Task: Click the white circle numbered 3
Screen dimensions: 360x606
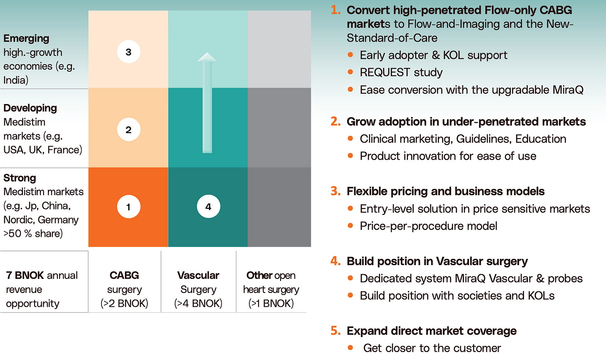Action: pos(129,52)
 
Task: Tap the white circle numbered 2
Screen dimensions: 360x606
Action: pos(129,129)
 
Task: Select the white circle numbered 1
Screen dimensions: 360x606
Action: pos(129,206)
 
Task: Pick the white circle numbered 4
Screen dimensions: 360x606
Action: pos(208,206)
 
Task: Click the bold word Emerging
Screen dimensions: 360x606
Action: pos(26,38)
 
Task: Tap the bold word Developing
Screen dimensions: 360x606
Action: pos(30,108)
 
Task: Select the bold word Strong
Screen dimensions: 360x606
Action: pos(20,178)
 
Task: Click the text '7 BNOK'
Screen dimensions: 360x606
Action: pos(25,275)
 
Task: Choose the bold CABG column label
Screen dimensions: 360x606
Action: pos(124,275)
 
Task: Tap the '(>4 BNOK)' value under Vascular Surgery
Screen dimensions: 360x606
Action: pos(198,303)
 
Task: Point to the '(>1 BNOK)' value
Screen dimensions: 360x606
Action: pos(271,303)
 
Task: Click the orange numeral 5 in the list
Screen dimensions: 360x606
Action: pos(335,330)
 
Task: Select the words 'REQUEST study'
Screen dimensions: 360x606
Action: pos(401,72)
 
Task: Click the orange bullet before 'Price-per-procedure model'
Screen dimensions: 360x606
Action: pos(350,226)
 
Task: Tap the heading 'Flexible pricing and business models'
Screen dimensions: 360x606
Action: pos(445,191)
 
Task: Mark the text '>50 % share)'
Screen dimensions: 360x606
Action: pos(33,233)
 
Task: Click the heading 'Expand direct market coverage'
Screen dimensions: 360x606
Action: pos(431,330)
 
